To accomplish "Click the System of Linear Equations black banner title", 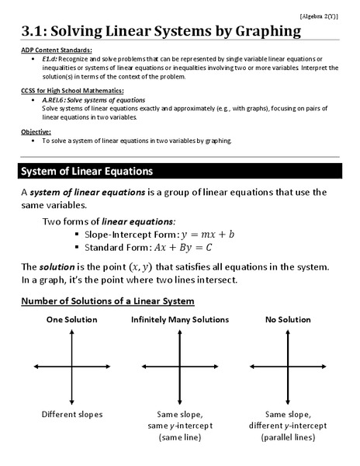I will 86,170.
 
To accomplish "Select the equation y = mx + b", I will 207,234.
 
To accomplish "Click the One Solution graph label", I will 72,320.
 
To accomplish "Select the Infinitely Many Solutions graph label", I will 180,320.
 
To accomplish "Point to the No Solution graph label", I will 288,320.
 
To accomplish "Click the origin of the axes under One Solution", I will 72,366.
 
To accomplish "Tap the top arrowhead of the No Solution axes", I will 288,331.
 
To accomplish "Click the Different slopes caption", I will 72,415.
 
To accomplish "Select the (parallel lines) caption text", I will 288,438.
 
